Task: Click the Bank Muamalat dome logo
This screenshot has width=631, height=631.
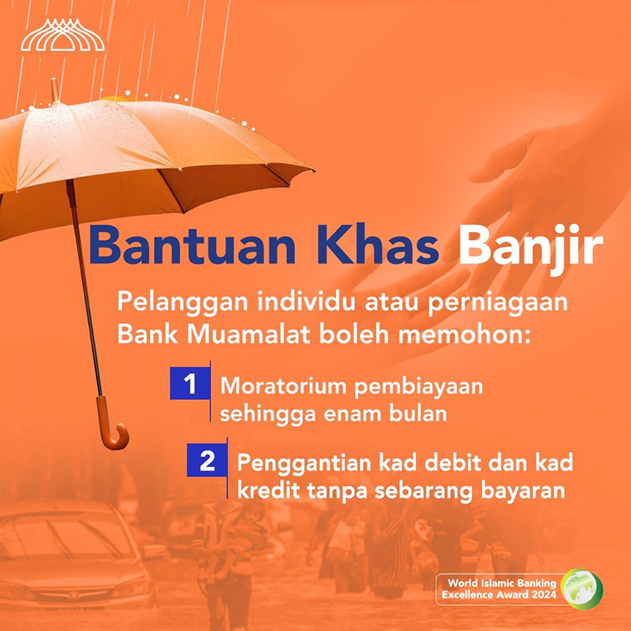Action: point(63,35)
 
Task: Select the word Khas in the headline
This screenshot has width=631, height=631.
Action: point(378,245)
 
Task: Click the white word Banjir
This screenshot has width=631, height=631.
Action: point(530,248)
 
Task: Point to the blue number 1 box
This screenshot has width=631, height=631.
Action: point(190,383)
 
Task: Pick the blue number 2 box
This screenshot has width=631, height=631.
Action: point(207,461)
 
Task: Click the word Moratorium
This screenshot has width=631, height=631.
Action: point(283,386)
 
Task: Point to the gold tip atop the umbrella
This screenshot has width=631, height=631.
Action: point(54,90)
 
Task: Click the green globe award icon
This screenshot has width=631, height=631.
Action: point(581,589)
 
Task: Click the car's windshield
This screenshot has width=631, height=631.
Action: point(68,536)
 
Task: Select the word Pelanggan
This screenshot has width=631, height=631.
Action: point(182,303)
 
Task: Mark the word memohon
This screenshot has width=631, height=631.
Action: point(461,334)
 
